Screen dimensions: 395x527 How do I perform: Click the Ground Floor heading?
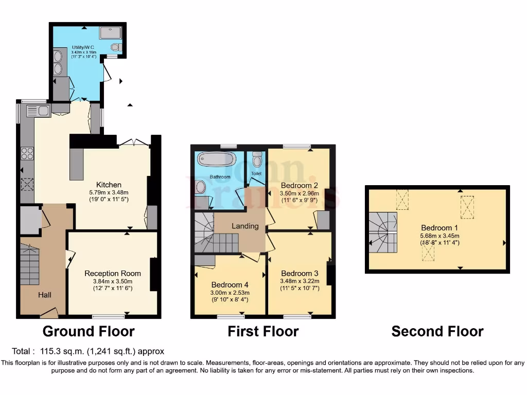88,331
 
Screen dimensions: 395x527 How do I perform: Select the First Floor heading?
263,332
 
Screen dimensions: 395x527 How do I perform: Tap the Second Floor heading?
437,332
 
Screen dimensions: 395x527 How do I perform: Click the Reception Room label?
113,274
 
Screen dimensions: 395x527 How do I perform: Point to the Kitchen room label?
109,185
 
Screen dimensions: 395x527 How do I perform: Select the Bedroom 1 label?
439,228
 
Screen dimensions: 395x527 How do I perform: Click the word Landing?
245,226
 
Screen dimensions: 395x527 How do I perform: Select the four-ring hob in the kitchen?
27,153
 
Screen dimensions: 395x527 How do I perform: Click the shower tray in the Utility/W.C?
111,32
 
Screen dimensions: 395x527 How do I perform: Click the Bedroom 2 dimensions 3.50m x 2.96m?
299,194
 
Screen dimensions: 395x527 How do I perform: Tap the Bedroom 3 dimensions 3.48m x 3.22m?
299,281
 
